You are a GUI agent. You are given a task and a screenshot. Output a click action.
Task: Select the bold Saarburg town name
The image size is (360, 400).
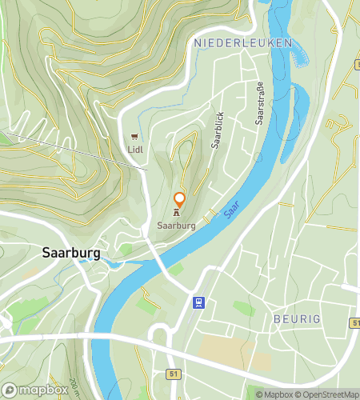tap(70, 253)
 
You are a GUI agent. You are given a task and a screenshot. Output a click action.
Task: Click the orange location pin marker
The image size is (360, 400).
tap(180, 200)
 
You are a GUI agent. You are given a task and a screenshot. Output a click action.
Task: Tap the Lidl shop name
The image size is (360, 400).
tap(134, 148)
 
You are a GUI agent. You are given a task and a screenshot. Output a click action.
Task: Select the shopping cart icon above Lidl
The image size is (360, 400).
tap(134, 136)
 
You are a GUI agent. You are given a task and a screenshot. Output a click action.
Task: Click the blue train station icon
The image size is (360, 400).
tap(199, 302)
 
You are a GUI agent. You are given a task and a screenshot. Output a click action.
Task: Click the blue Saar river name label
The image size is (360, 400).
tap(231, 209)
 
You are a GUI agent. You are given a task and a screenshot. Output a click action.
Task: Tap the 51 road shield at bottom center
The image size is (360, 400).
tap(173, 373)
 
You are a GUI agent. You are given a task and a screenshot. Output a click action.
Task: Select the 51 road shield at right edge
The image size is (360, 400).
tap(354, 322)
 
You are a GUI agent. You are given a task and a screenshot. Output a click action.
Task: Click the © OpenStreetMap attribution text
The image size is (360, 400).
tap(328, 394)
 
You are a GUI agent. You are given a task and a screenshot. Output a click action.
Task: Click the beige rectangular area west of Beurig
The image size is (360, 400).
tap(220, 348)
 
